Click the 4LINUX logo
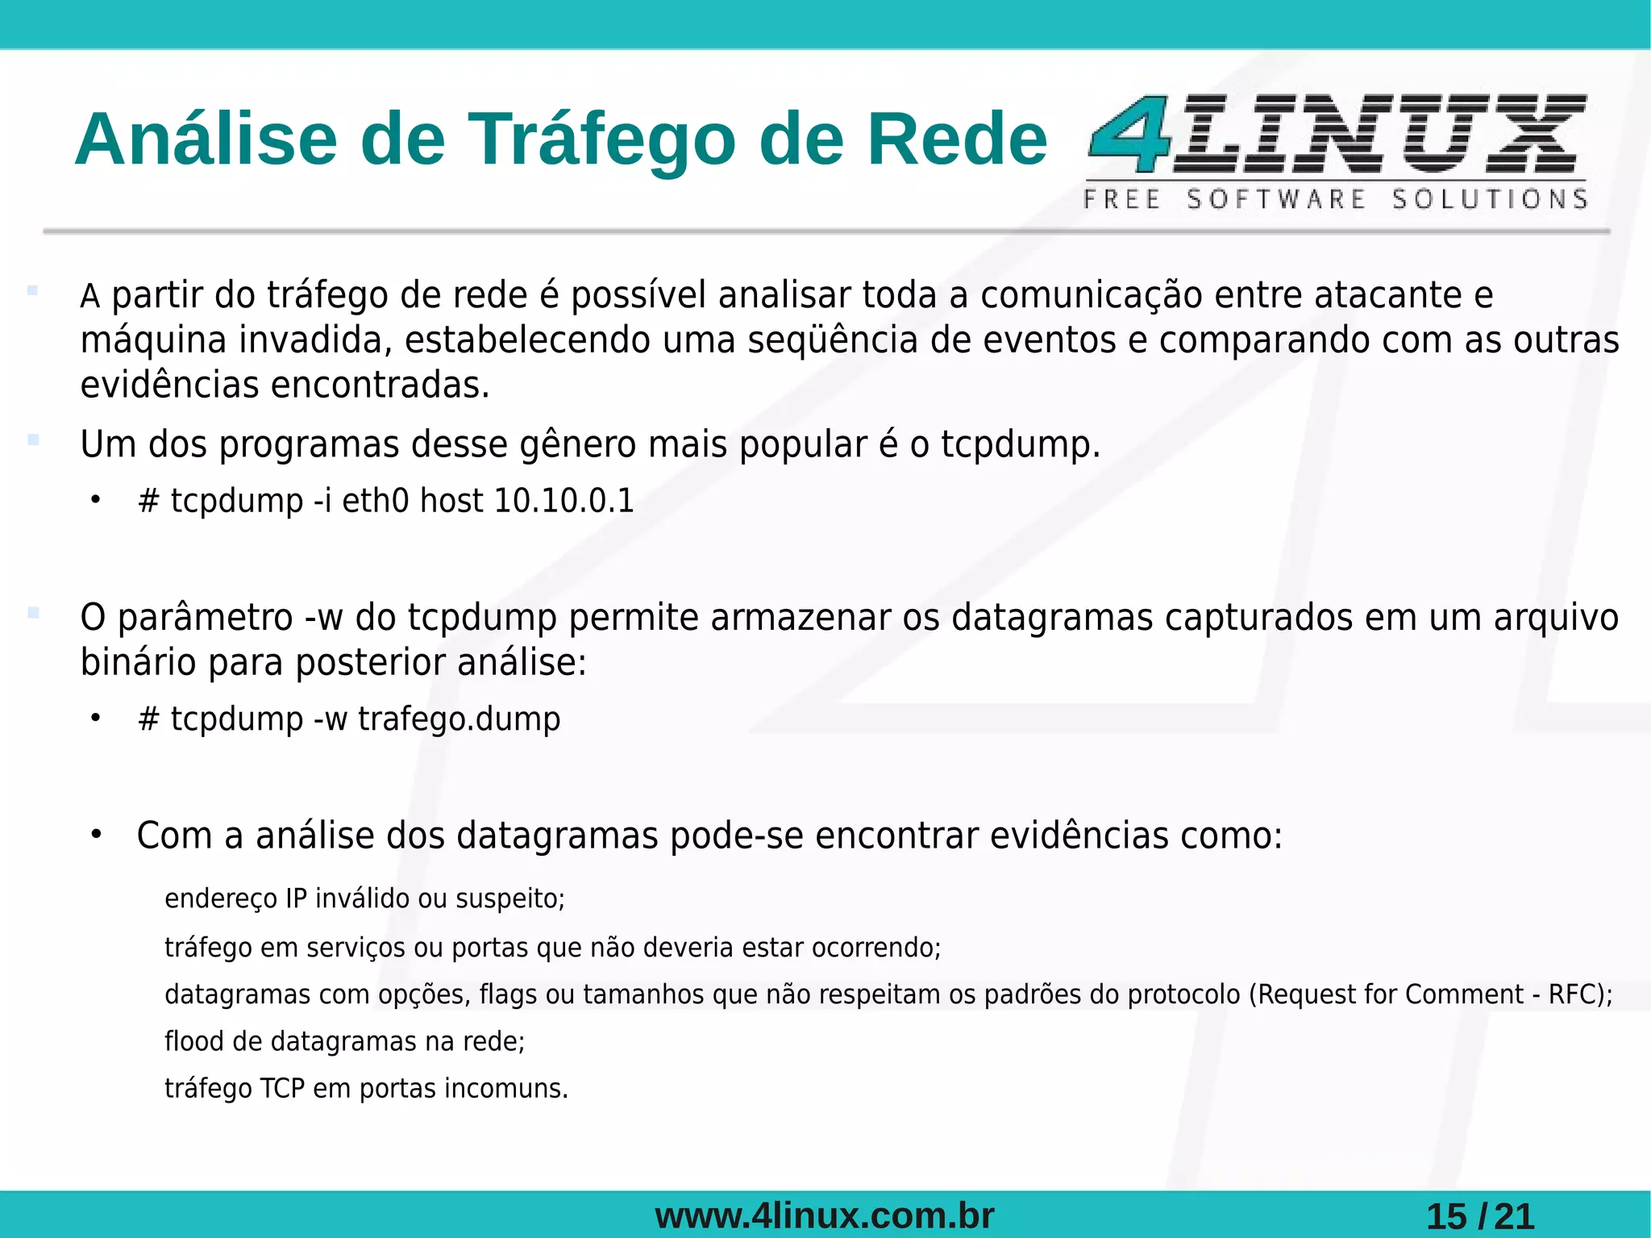tap(1337, 134)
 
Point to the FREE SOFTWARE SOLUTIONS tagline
tap(1335, 199)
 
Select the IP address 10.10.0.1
tap(564, 501)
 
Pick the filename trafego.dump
tap(459, 719)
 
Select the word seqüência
tap(833, 340)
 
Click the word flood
tap(193, 1041)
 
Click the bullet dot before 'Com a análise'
tap(96, 834)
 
